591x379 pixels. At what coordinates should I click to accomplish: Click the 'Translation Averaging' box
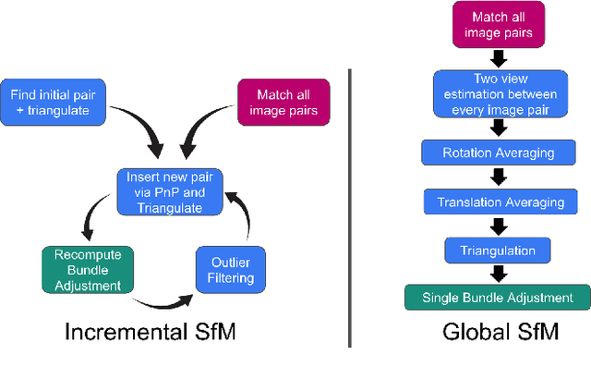tap(498, 200)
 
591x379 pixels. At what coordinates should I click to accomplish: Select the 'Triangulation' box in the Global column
tap(498, 250)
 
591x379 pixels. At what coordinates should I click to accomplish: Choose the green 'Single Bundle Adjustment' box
tap(497, 298)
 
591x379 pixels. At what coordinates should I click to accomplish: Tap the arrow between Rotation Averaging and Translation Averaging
tap(498, 176)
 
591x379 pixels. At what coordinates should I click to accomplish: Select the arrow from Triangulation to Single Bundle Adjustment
tap(498, 274)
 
